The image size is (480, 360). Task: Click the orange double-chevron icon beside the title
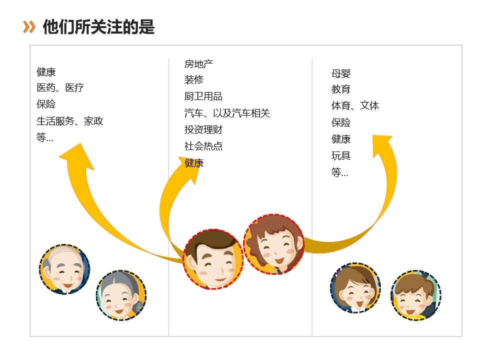[29, 27]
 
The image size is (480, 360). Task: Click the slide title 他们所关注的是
[98, 27]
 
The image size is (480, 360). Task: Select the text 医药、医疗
[60, 88]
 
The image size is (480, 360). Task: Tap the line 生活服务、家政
[70, 121]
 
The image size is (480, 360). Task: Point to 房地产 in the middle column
[198, 64]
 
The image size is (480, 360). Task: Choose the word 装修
[193, 80]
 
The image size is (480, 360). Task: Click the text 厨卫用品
[203, 96]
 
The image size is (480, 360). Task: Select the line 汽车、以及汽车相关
[227, 113]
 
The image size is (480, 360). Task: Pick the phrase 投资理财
[203, 130]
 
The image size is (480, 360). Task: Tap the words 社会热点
[203, 146]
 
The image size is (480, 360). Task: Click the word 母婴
[341, 74]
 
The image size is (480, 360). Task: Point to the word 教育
[341, 90]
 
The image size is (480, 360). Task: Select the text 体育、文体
[355, 106]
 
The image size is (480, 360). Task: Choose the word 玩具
[341, 156]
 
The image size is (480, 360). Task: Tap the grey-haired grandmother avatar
[121, 295]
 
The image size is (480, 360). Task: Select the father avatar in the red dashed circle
[213, 259]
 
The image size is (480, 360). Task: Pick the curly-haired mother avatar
[274, 244]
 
